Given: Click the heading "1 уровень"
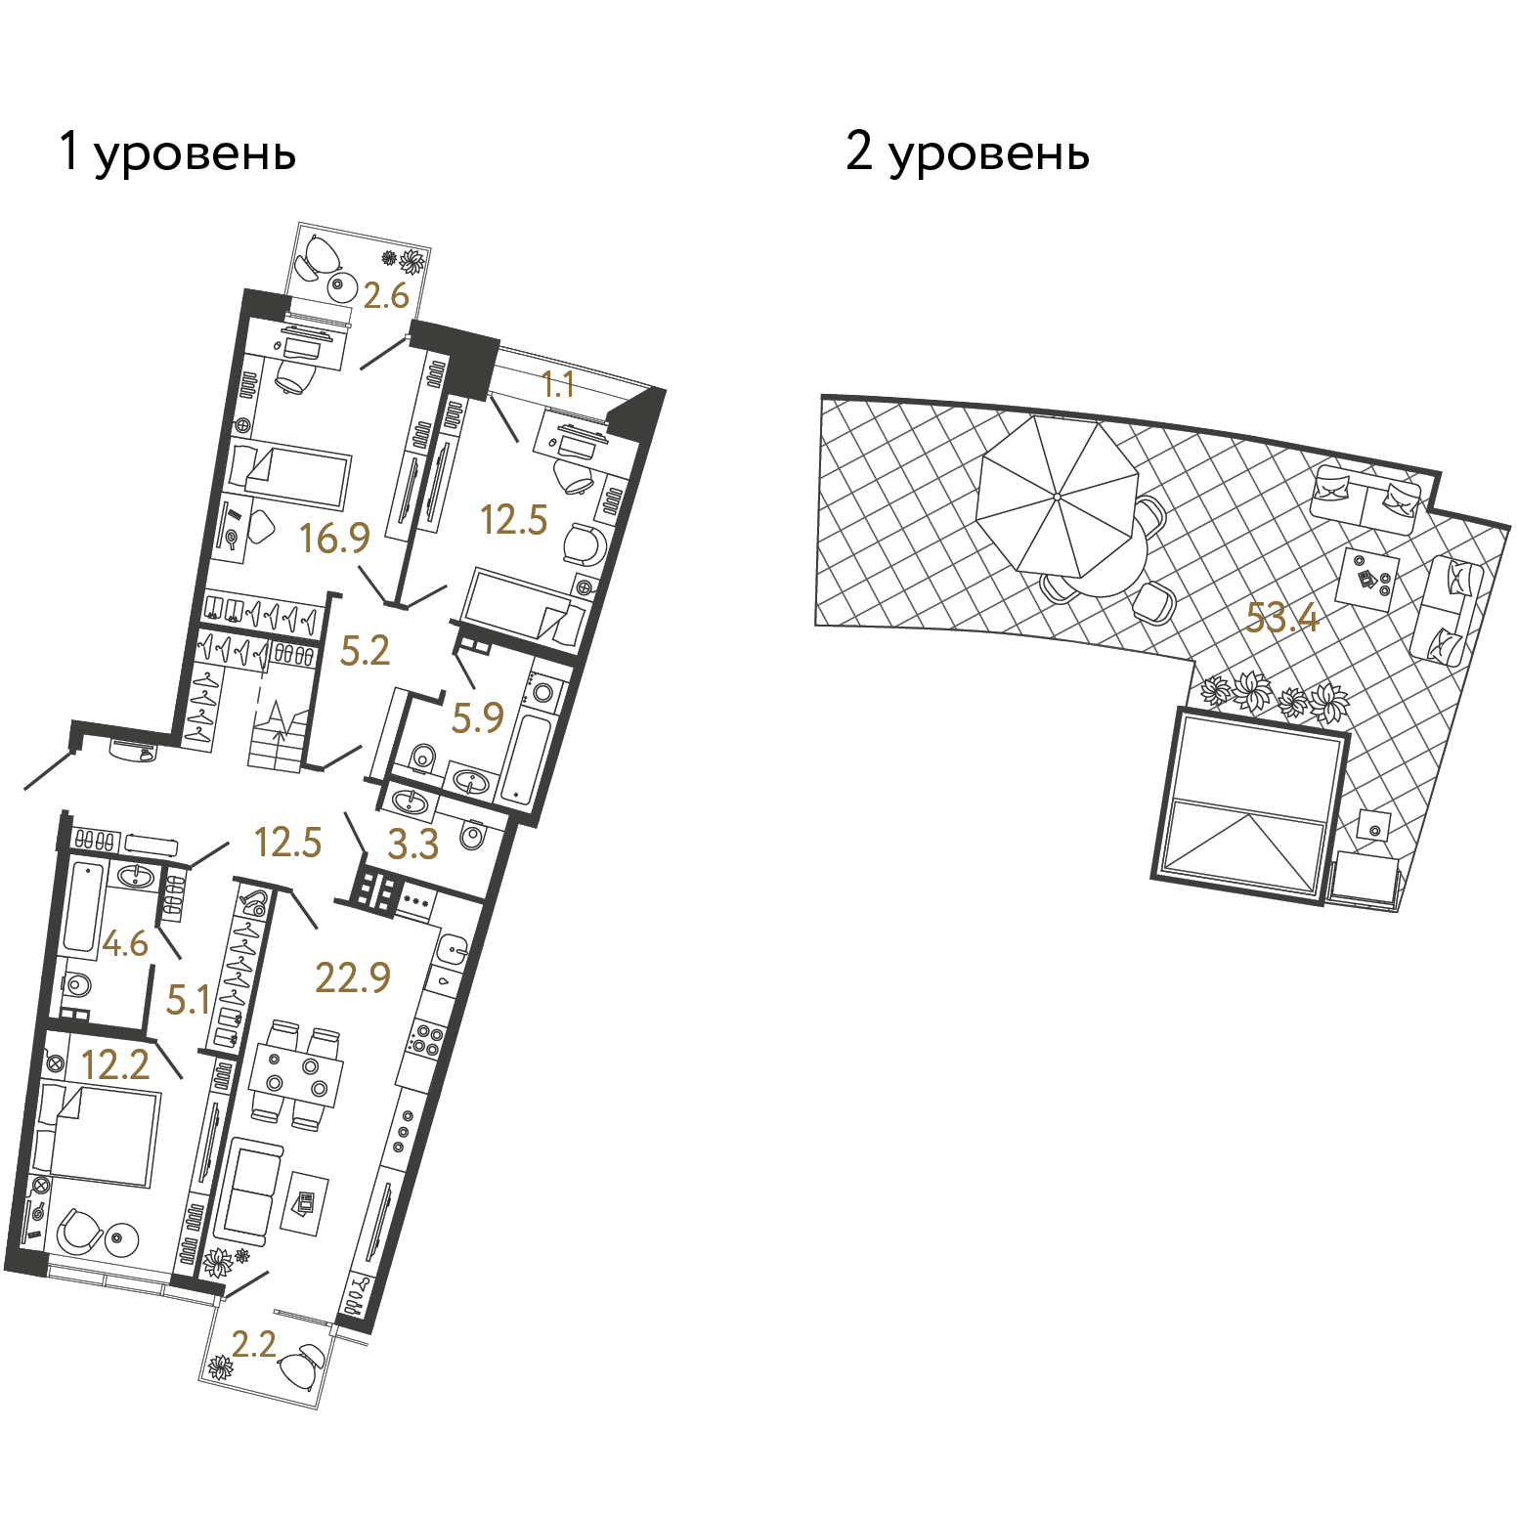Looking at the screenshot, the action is click(177, 152).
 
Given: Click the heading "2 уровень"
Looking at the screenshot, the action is click(968, 152).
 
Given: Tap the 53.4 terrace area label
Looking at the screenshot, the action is click(1282, 618).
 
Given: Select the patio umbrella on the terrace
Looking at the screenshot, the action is click(1058, 497).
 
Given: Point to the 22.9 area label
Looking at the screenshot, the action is click(353, 976).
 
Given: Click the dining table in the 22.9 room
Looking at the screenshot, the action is click(295, 1074).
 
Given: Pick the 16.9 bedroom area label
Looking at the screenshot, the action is click(334, 538).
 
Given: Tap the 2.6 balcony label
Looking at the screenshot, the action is click(386, 294).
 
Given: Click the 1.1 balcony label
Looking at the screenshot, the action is click(557, 384).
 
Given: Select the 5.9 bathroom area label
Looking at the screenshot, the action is click(477, 718).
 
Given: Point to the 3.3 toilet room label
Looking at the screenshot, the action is click(412, 844).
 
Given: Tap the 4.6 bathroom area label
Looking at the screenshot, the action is click(125, 943).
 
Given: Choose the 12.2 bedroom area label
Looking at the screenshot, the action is click(115, 1064).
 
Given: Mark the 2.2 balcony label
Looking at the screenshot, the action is click(254, 1344).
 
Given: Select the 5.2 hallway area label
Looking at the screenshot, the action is click(365, 650).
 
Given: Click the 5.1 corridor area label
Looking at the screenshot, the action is click(188, 999).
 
